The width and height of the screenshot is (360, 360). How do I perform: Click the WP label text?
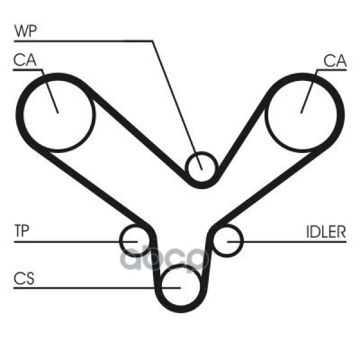pyautogui.click(x=25, y=31)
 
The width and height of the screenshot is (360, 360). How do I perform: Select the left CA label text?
pyautogui.click(x=25, y=60)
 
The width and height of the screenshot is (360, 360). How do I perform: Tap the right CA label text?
pyautogui.click(x=335, y=61)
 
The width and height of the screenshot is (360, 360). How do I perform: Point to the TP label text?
pyautogui.click(x=22, y=230)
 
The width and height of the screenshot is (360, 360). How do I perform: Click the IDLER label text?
pyautogui.click(x=326, y=232)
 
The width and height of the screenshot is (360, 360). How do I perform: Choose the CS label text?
pyautogui.click(x=24, y=278)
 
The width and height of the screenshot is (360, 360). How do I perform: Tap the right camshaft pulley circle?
pyautogui.click(x=266, y=115)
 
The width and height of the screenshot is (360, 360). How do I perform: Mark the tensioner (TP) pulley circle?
pyautogui.click(x=120, y=241)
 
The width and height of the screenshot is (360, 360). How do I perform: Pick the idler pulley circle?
pyautogui.click(x=243, y=241)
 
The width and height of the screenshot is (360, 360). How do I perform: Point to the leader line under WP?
pyautogui.click(x=153, y=41)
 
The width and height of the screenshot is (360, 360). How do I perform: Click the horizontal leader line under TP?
pyautogui.click(x=76, y=242)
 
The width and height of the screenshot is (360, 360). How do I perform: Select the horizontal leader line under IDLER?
pyautogui.click(x=287, y=242)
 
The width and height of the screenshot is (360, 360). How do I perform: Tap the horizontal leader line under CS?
pyautogui.click(x=97, y=287)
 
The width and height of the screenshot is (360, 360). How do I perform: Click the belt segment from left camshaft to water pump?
pyautogui.click(x=136, y=133)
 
